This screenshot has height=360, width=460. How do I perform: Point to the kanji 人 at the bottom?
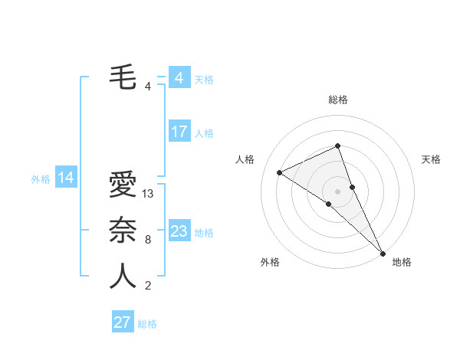(123, 277)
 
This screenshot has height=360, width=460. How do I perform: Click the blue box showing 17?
(179, 132)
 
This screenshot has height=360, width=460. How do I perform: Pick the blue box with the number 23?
(179, 231)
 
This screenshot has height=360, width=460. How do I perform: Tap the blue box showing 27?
(123, 322)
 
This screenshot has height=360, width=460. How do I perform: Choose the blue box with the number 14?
(66, 178)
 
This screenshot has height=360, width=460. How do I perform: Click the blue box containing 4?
(179, 78)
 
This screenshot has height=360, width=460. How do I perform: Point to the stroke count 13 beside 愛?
(149, 194)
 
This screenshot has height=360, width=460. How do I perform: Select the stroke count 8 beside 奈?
(148, 240)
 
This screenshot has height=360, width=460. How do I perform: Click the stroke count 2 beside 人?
(148, 286)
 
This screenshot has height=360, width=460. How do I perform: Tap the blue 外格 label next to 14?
(41, 179)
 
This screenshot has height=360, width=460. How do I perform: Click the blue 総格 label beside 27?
(147, 323)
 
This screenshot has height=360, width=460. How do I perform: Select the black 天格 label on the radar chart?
(431, 159)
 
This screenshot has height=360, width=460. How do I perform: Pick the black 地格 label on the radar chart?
(402, 262)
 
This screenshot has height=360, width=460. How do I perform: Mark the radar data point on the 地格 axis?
(383, 253)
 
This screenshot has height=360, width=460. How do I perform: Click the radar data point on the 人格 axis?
(280, 172)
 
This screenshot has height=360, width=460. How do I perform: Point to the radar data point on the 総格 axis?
(337, 146)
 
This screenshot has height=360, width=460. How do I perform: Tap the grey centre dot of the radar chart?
(337, 191)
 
